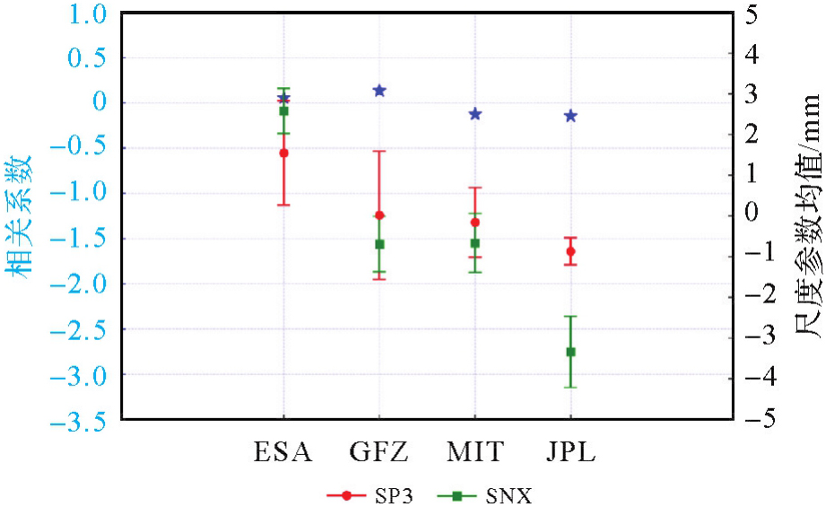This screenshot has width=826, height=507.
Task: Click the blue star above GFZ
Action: click(379, 91)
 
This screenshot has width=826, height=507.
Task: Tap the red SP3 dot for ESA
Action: click(283, 153)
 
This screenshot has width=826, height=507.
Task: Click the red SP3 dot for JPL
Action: click(570, 251)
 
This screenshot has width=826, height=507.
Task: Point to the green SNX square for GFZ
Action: click(379, 244)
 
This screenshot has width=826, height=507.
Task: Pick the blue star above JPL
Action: click(570, 116)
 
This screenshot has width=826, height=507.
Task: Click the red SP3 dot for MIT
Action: click(474, 222)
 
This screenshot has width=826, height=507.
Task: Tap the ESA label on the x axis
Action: click(283, 450)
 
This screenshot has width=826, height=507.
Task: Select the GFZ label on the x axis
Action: click(379, 450)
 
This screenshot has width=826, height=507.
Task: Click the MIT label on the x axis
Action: click(474, 450)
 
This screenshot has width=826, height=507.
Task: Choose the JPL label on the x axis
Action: click(570, 450)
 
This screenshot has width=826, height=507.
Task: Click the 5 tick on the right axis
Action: click(751, 13)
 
